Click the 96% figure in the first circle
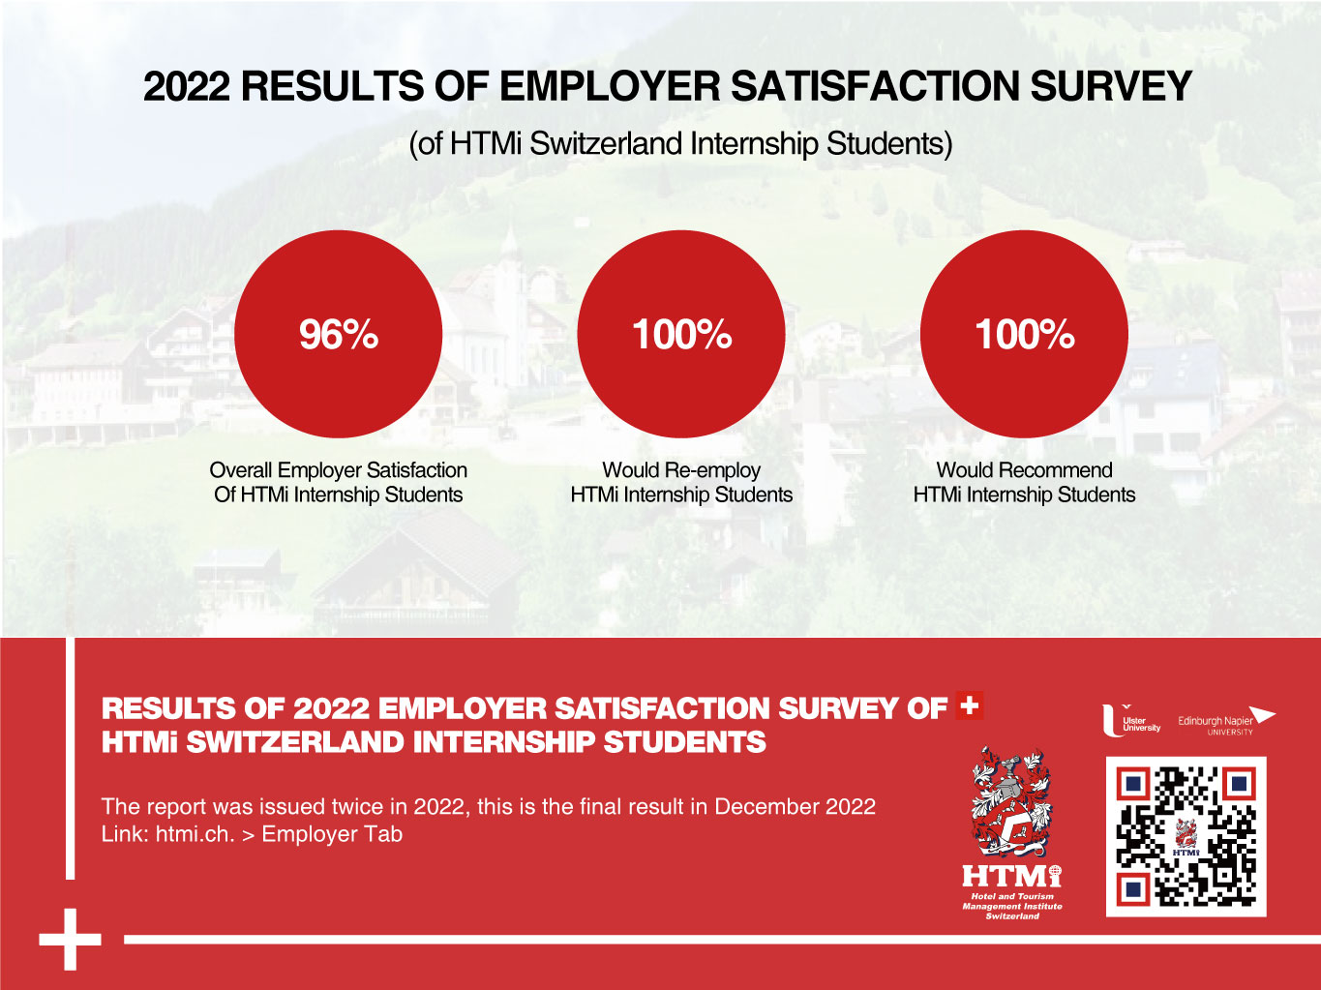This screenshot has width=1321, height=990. [x=338, y=335]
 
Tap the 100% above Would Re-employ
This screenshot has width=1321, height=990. [x=681, y=335]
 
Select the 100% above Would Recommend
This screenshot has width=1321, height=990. [x=1024, y=335]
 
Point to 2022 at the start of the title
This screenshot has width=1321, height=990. [x=187, y=87]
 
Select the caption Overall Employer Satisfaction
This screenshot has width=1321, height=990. [x=338, y=470]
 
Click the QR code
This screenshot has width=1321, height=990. [x=1186, y=836]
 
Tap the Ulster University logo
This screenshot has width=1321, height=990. [x=1130, y=722]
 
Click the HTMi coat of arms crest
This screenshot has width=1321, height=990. [x=1011, y=802]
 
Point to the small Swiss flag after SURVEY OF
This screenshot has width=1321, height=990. [x=969, y=705]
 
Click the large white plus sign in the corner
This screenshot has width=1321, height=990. [x=70, y=939]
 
